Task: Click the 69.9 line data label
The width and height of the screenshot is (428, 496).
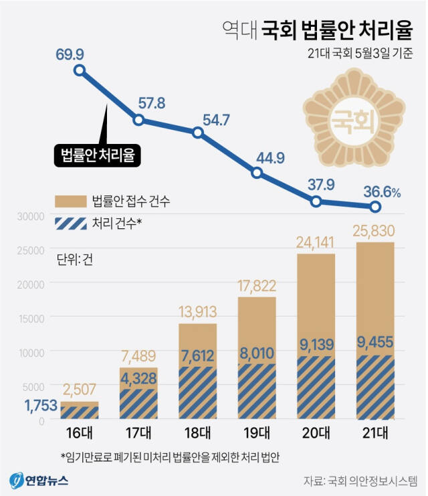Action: click(80, 54)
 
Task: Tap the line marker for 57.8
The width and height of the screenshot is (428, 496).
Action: click(138, 120)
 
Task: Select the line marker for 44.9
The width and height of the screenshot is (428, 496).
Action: click(257, 173)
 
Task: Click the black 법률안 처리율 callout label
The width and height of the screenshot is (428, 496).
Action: click(98, 157)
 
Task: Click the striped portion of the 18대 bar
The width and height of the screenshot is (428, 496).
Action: click(197, 395)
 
